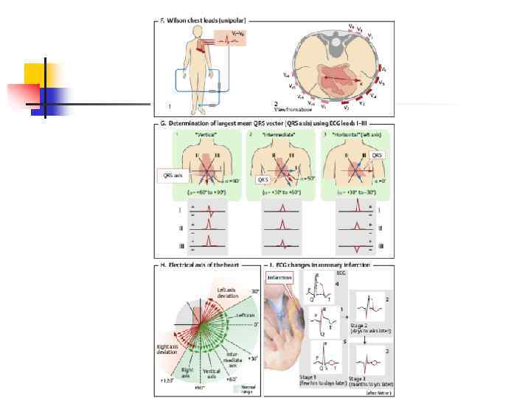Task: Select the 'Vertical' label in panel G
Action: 201,137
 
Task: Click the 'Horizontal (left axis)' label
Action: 355,137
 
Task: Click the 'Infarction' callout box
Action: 280,277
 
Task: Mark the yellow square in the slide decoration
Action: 35,74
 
